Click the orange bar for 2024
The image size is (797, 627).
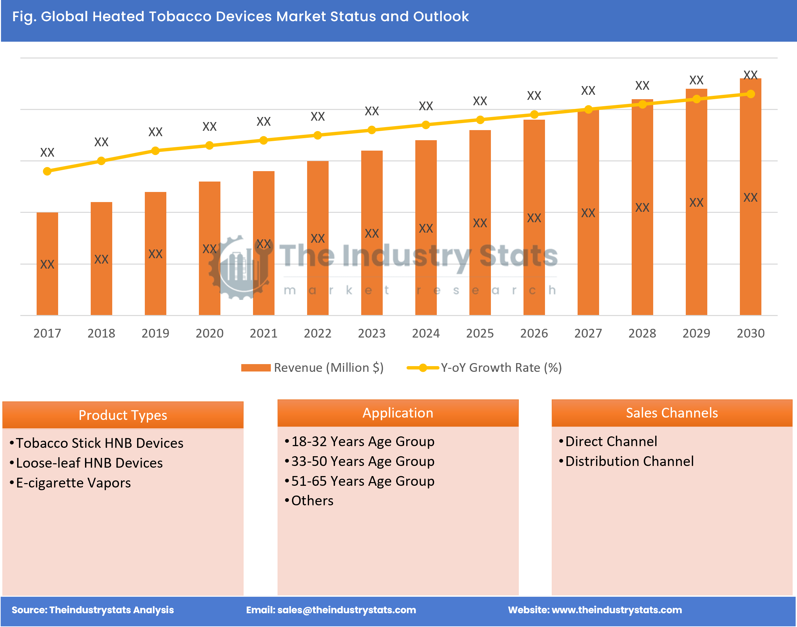coord(426,228)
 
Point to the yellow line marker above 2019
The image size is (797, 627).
coord(155,151)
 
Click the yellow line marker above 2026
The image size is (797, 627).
coord(534,115)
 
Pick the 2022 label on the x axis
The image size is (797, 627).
coord(318,333)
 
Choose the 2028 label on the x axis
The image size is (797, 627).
coord(642,333)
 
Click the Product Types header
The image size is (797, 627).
coord(123,415)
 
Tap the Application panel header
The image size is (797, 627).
coord(398,413)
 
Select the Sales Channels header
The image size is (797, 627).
coord(672,413)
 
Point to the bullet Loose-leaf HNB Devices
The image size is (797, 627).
coord(89,463)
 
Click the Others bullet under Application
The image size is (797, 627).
coord(312,501)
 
